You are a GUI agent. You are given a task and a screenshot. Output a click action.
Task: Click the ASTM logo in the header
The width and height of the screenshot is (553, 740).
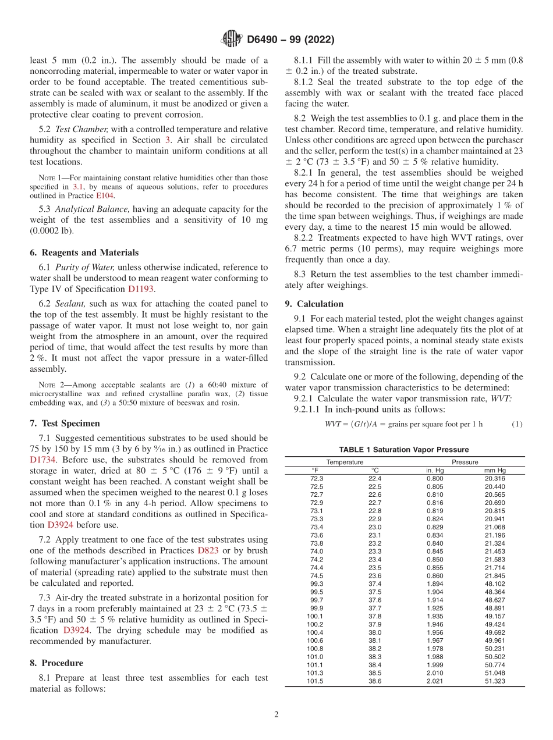point(232,40)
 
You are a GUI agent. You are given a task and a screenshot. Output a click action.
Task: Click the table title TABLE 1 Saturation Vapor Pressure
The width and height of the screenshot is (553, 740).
point(404,449)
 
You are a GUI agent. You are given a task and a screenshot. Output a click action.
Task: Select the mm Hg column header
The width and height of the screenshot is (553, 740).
point(495,470)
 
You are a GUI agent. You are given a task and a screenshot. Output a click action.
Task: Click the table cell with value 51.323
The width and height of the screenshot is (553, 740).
point(495,681)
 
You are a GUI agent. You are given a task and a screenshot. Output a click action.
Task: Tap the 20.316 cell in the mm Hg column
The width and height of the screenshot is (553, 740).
point(495,478)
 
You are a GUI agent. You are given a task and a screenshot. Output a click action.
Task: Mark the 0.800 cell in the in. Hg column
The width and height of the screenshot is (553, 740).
point(434,478)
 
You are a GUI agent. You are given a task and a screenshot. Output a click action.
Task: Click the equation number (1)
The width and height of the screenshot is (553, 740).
point(517,424)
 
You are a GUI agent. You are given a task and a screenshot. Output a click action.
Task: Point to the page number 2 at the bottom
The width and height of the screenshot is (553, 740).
point(276,715)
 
